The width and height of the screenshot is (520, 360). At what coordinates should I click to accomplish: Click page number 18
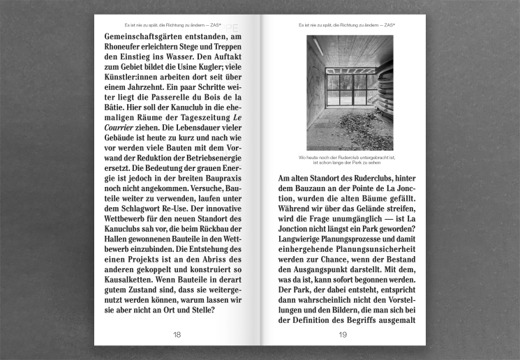tap(177, 335)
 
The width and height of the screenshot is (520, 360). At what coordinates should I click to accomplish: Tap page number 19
tap(343, 335)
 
